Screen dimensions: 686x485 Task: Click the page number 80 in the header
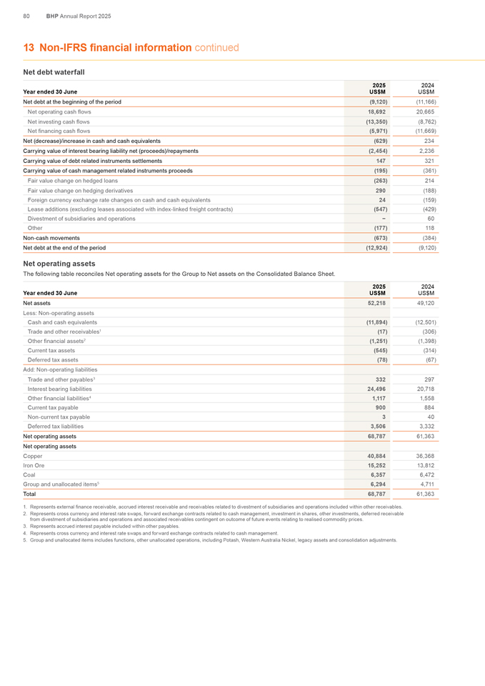(x=26, y=15)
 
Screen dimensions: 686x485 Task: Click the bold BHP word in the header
(x=52, y=15)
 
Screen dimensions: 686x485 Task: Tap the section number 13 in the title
(x=29, y=48)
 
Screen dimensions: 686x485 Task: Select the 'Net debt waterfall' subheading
(x=54, y=72)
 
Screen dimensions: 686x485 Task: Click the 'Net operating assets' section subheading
(x=59, y=263)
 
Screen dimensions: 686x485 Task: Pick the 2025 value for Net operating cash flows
(x=377, y=112)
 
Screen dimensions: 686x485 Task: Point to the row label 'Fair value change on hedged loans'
(x=72, y=181)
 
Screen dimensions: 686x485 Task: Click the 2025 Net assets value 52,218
(x=377, y=303)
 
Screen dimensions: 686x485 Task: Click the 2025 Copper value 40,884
(x=377, y=456)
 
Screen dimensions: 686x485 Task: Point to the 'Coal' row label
(x=30, y=475)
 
